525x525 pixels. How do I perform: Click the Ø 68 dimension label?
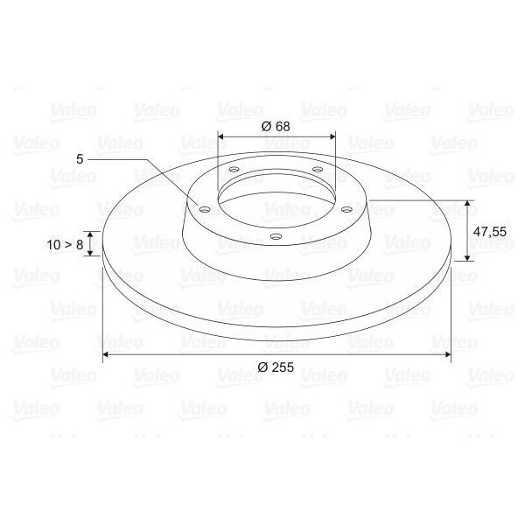(x=276, y=126)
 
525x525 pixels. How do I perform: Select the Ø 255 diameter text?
(x=276, y=368)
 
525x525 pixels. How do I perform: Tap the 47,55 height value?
(x=489, y=232)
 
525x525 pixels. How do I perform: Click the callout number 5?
(x=80, y=159)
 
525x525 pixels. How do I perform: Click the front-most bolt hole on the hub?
(x=276, y=236)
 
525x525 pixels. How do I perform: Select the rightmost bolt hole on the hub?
(x=346, y=209)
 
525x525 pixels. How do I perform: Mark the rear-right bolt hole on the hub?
(x=317, y=169)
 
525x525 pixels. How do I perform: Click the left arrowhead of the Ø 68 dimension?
(x=220, y=136)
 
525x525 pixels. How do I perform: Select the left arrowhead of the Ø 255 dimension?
(x=107, y=354)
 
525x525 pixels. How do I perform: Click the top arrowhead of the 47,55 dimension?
(x=468, y=204)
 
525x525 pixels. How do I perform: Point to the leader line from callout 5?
(x=140, y=161)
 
